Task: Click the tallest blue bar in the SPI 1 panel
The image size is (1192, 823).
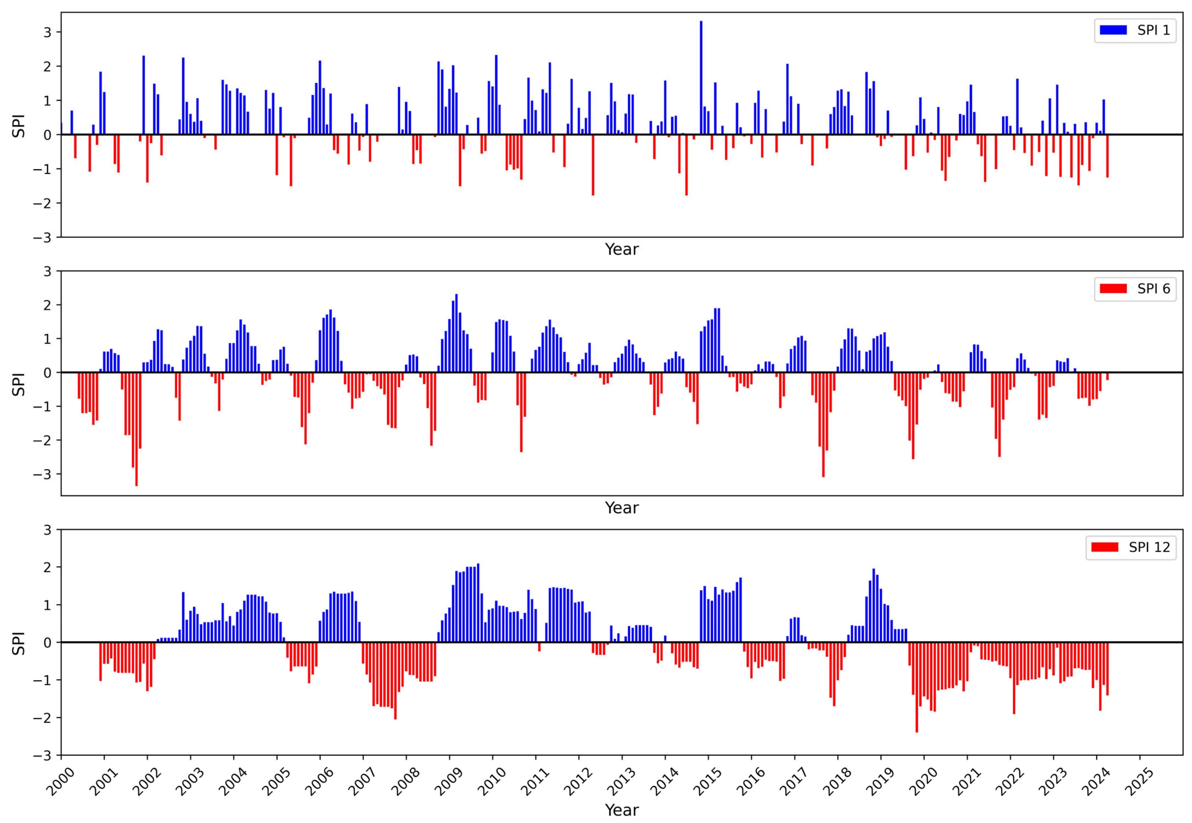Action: click(701, 77)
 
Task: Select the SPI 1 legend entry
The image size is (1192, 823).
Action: click(1135, 30)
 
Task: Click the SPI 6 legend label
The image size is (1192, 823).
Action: click(1153, 289)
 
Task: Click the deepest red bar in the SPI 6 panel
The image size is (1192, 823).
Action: click(136, 429)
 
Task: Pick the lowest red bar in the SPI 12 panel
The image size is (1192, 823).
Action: click(916, 687)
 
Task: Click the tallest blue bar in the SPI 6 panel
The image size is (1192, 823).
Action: click(456, 333)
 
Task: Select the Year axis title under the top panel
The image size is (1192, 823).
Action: click(622, 249)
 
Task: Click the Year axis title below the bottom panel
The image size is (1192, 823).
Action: click(622, 810)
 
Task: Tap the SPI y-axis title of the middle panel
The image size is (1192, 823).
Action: click(19, 384)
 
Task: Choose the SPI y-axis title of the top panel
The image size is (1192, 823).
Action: click(19, 125)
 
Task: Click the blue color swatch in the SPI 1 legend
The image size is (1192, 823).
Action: click(1113, 30)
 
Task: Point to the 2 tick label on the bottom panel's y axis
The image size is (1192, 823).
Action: click(48, 567)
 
